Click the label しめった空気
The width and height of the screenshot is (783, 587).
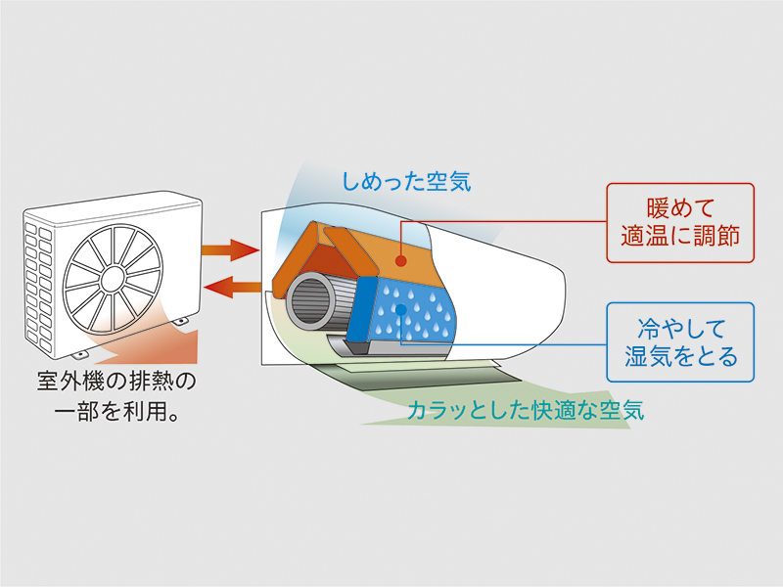[406, 180]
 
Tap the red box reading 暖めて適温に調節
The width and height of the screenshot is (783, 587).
[681, 222]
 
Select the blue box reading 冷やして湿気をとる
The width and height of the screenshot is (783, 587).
[681, 341]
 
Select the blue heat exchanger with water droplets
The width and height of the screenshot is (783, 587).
[406, 313]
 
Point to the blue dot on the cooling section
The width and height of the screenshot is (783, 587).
[400, 310]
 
